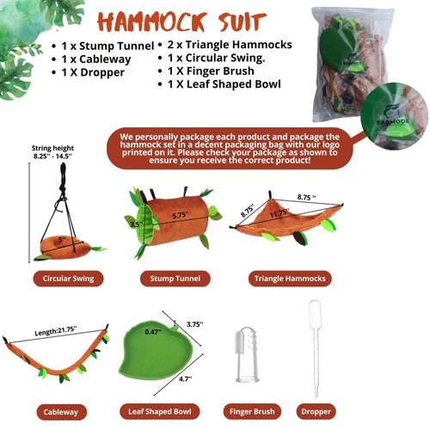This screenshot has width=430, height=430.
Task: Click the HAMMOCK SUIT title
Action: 220,20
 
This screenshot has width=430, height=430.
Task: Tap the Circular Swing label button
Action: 69,279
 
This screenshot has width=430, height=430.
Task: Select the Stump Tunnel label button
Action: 176,279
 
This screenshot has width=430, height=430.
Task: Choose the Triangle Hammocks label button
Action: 291,279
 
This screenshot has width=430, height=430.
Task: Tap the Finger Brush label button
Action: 252,411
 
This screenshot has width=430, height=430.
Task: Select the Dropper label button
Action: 317,411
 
